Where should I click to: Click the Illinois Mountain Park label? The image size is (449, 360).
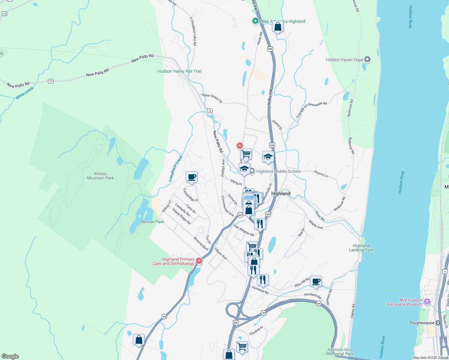click(100, 176)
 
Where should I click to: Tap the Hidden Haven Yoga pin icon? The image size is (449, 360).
click(367, 59)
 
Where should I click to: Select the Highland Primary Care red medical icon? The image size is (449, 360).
click(199, 261)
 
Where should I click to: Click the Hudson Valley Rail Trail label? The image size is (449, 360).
click(179, 71)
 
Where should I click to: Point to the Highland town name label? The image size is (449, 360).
click(281, 193)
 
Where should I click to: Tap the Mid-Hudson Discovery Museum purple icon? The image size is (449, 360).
click(427, 301)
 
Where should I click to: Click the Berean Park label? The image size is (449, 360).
click(152, 222)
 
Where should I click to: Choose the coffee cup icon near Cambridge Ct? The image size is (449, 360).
click(191, 177)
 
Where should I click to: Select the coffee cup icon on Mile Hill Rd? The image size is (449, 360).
click(316, 281)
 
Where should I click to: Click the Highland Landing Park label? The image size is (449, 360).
click(361, 248)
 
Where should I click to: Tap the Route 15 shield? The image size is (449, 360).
click(4, 13)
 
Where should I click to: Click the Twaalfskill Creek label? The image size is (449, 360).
click(176, 168)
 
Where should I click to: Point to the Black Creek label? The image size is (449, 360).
click(25, 93)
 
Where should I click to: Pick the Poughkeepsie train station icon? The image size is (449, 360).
click(438, 323)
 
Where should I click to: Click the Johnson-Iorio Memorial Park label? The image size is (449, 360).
click(340, 352)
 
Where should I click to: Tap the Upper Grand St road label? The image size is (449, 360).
click(212, 98)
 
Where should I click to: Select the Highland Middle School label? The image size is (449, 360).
click(278, 171)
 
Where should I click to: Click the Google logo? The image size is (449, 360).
click(10, 356)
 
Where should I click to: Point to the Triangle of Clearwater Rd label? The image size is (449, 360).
click(311, 109)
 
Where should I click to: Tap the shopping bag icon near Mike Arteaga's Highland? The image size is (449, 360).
click(278, 26)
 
